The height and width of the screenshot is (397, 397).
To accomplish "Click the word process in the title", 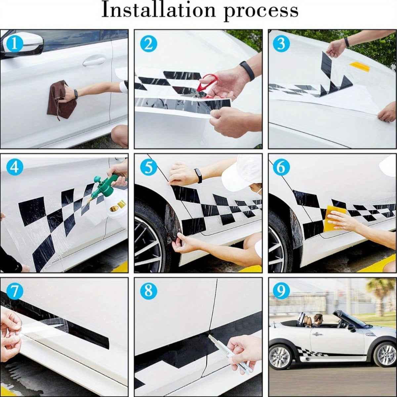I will [x=261, y=11].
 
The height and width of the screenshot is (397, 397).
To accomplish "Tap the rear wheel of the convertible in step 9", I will [x=281, y=357].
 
